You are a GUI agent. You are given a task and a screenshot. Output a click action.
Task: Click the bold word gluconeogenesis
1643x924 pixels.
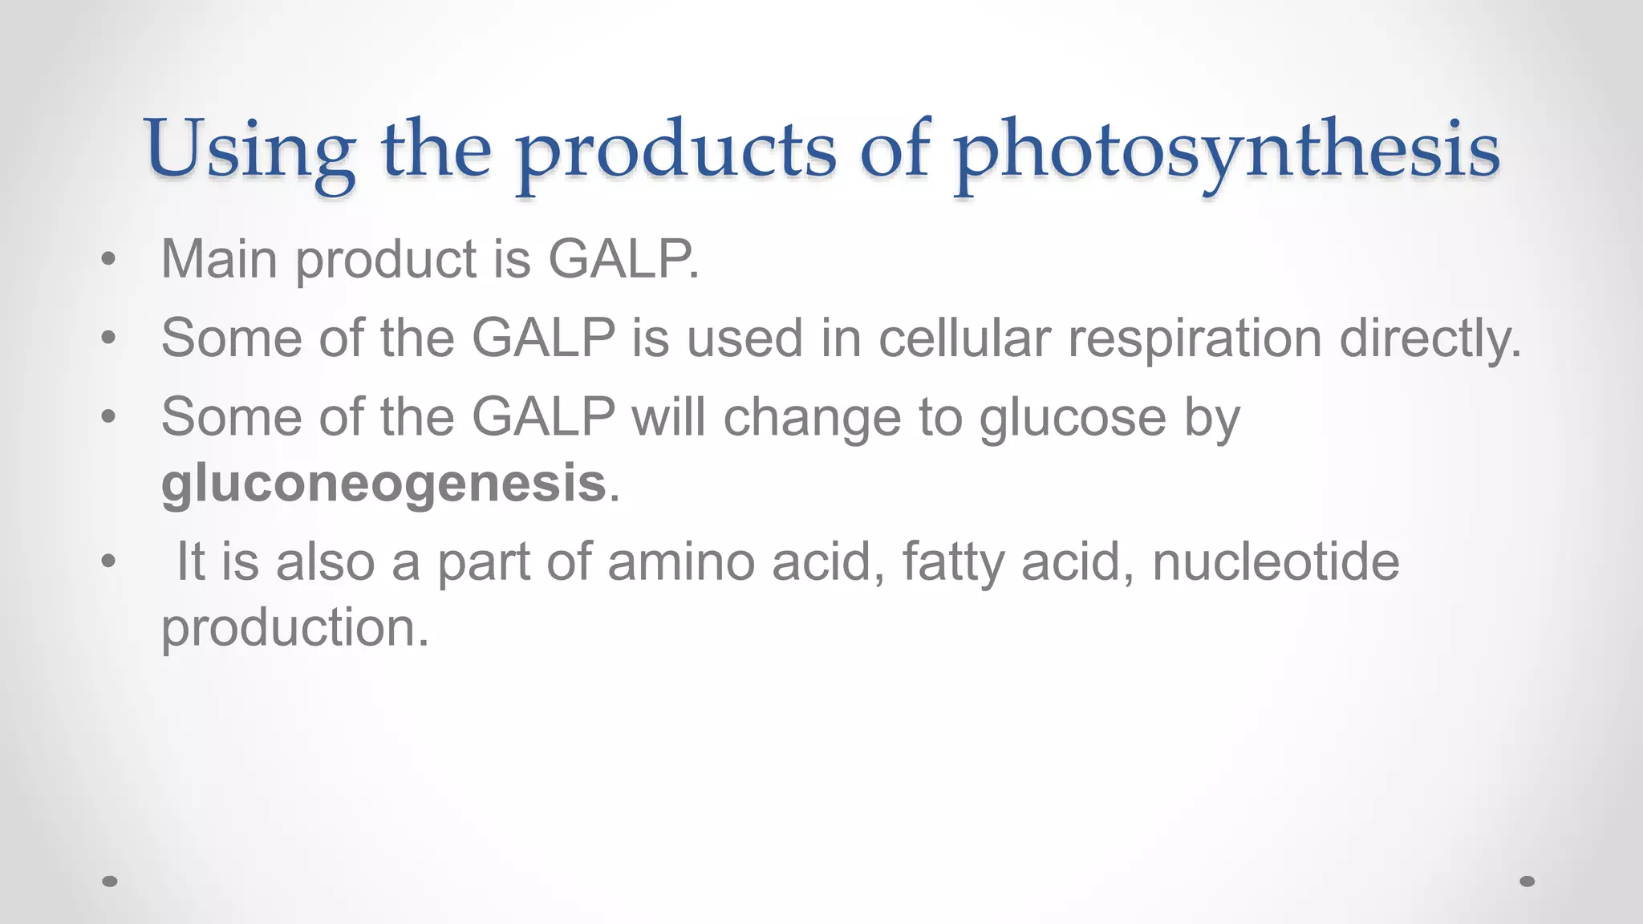pos(383,484)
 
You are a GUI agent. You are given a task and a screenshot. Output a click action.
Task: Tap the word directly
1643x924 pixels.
pos(1430,338)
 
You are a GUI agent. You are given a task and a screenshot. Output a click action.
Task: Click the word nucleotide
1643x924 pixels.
pos(1276,561)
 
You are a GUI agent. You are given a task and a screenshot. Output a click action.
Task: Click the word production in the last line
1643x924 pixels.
pos(294,627)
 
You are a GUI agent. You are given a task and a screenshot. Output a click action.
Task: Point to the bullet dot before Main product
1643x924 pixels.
pos(108,260)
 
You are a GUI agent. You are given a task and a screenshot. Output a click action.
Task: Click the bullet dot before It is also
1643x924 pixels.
pos(108,562)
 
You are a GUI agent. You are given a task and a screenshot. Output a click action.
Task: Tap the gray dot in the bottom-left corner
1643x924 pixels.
pos(111,881)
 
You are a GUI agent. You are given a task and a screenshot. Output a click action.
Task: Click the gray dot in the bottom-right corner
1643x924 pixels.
pos(1527,881)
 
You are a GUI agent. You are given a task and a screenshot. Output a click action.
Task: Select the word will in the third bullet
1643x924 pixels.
pos(668,418)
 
